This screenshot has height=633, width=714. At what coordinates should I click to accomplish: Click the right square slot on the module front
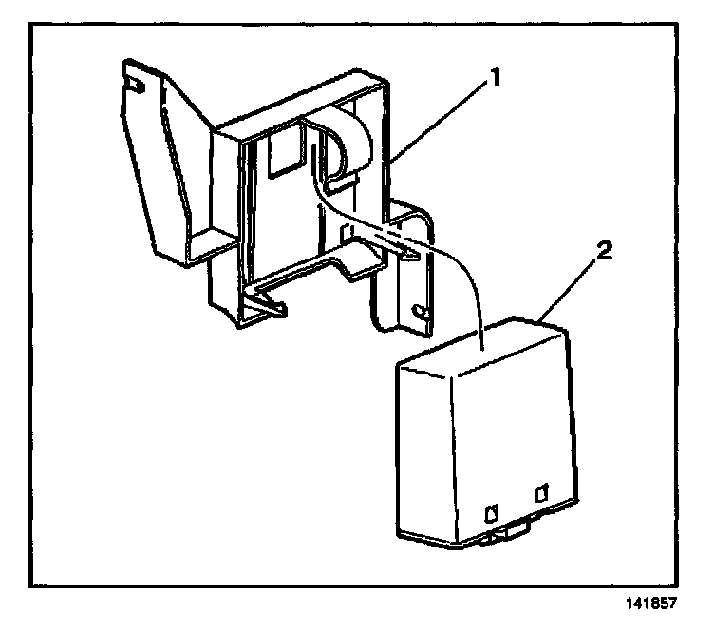click(542, 493)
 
